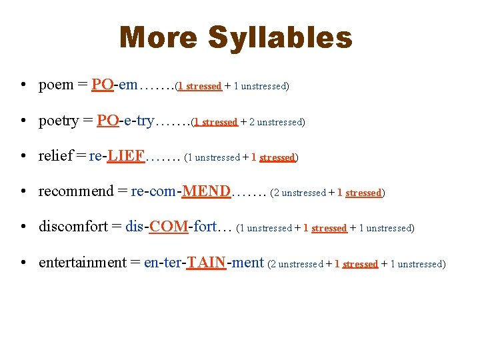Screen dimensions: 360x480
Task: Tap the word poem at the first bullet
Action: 56,85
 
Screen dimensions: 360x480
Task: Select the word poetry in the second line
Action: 59,121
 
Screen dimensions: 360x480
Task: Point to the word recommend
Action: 77,192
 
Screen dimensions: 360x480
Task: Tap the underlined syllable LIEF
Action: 126,157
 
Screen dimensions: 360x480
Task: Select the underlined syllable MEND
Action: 207,192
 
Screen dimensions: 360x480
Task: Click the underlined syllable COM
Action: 169,227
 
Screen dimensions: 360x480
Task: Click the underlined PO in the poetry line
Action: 108,121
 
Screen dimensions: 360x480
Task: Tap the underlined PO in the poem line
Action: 103,85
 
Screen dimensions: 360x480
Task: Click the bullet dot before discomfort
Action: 23,228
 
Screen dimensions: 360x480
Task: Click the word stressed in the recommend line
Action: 363,193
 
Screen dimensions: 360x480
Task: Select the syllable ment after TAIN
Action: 247,263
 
